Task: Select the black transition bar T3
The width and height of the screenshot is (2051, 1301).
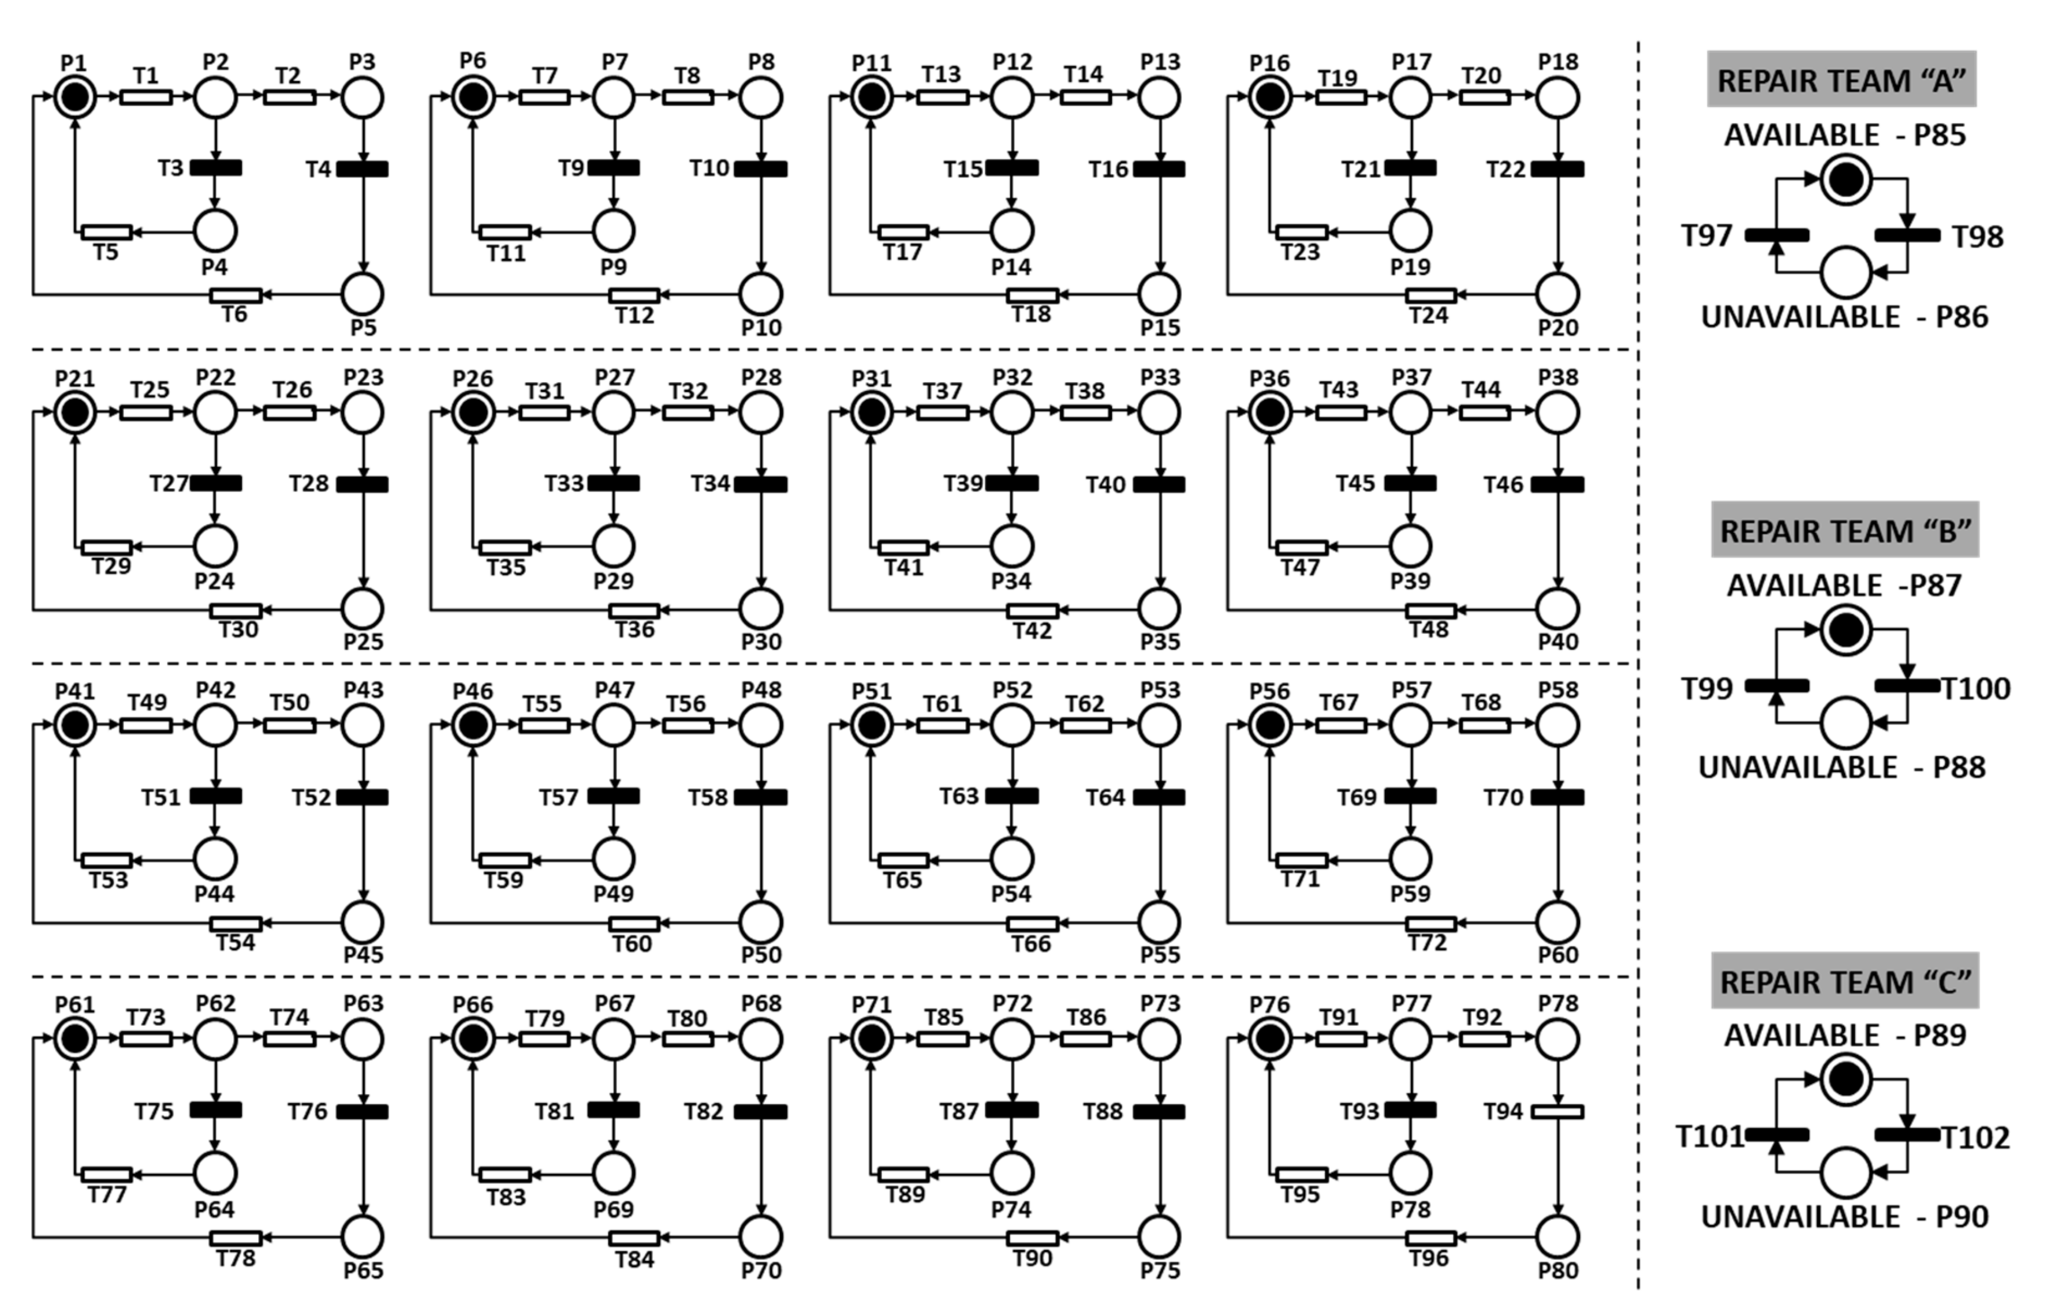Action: coord(215,168)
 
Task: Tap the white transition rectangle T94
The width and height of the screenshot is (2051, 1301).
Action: coord(1558,1111)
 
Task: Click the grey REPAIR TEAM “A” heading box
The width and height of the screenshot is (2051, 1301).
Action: coord(1841,79)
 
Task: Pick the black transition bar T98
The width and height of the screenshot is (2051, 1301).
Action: coord(1908,235)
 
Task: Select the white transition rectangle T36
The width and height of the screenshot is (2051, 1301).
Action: coord(634,610)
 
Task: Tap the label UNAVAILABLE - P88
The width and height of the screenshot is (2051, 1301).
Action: coord(1841,767)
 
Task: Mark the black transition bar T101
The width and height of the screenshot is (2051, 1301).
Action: coord(1777,1134)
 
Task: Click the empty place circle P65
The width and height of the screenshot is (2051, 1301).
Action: coord(364,1236)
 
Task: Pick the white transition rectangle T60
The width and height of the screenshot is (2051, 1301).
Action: coord(634,924)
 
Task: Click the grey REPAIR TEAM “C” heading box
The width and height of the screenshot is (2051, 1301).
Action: coord(1845,981)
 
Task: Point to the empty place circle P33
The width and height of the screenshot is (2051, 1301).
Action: coord(1159,413)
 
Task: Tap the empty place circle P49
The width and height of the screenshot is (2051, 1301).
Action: coord(613,859)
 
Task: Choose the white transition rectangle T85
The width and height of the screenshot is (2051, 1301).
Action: coord(943,1038)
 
